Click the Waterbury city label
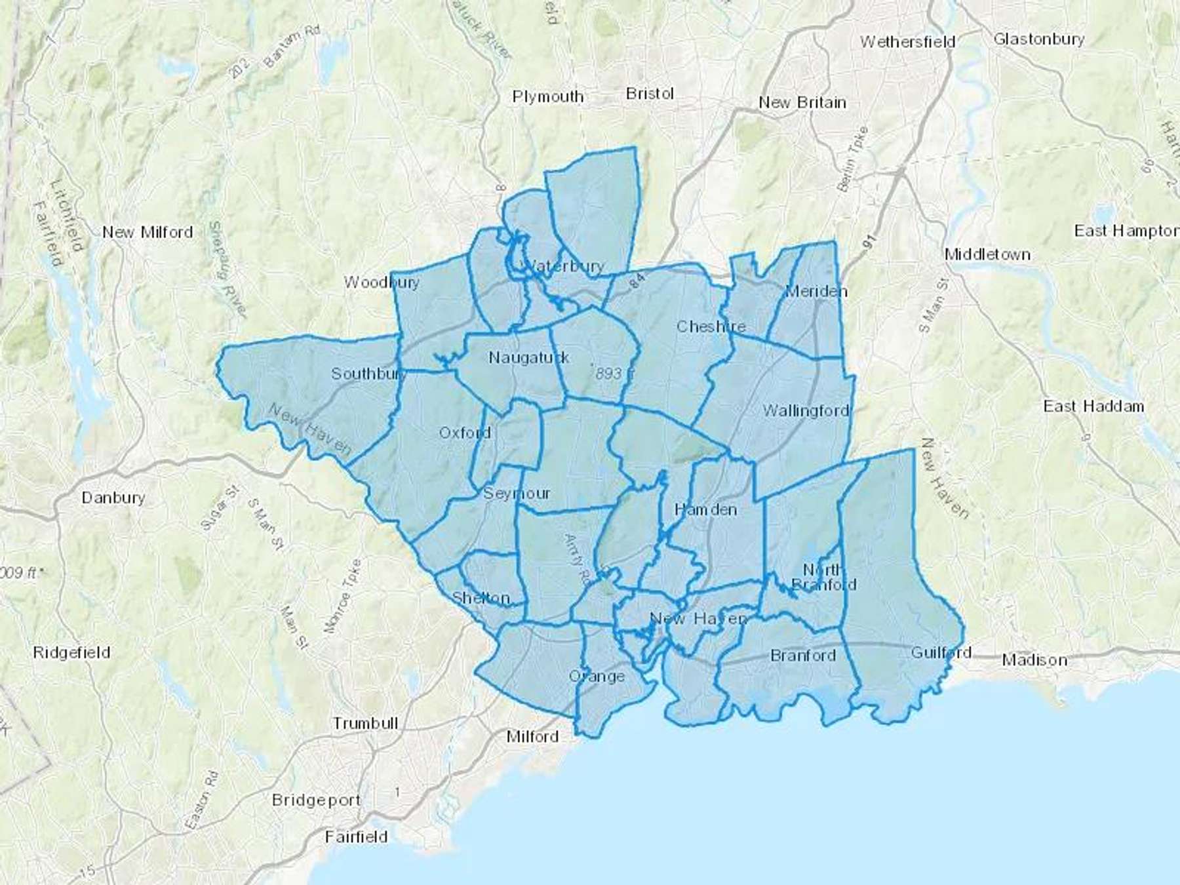[x=564, y=266]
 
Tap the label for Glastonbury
[x=1039, y=39]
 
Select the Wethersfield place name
[x=907, y=42]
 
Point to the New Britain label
[x=802, y=103]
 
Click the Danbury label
[x=113, y=498]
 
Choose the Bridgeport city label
[x=316, y=800]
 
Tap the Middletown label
[x=987, y=254]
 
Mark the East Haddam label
[x=1093, y=406]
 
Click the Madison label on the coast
[x=1034, y=660]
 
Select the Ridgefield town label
[x=71, y=653]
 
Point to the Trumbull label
[x=365, y=724]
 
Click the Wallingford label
[x=805, y=411]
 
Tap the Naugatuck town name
[x=529, y=358]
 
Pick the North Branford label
[x=823, y=577]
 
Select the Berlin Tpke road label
[x=853, y=159]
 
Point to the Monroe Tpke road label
[x=342, y=595]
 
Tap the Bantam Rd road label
[x=291, y=49]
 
